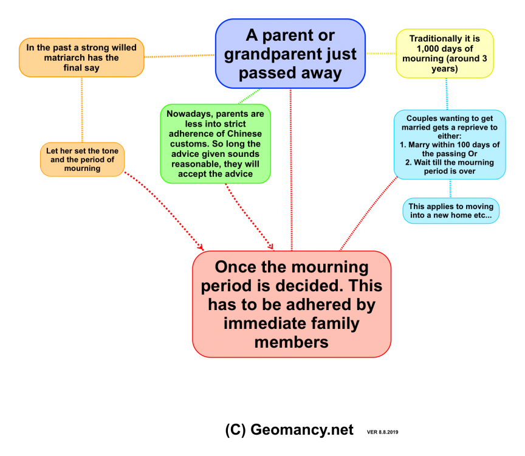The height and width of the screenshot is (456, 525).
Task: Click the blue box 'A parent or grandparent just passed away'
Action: coord(290,54)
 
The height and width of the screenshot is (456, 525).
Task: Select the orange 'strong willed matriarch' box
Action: coord(81,58)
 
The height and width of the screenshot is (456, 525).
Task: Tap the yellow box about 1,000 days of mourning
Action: coord(445,54)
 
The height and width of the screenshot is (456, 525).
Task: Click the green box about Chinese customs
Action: coord(215,143)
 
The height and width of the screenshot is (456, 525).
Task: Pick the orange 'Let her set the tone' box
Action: coord(82,159)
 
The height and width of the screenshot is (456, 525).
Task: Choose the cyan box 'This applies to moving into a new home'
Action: coord(450,211)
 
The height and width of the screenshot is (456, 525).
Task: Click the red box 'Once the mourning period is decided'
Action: coord(292,304)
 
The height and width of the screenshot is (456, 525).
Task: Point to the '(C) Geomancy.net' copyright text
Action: coord(289,430)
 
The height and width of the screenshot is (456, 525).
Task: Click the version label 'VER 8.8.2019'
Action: coord(386,432)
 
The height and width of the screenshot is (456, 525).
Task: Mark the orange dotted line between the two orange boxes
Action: coord(81,109)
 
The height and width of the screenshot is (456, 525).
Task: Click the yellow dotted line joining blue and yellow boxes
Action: coord(380,54)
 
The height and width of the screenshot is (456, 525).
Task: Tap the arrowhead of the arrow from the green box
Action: coord(272,247)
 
